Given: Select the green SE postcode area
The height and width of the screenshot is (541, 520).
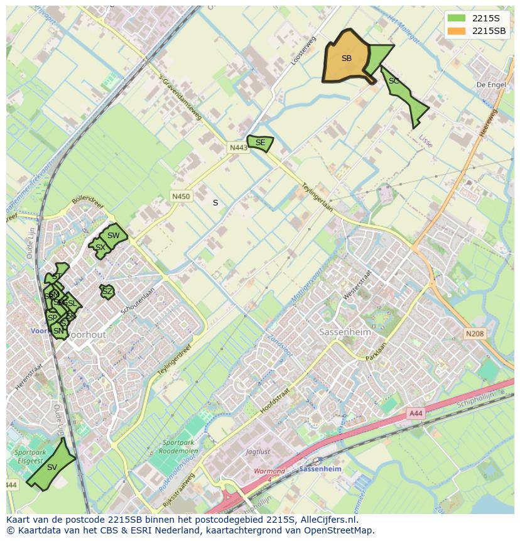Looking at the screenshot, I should click(260, 143).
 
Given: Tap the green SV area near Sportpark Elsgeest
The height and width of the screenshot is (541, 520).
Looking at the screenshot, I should click(52, 467).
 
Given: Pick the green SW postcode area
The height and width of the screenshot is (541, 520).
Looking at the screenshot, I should click(113, 236).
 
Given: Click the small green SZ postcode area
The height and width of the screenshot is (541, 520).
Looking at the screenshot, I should click(107, 292).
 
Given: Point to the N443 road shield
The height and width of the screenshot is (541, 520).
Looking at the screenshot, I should click(238, 148).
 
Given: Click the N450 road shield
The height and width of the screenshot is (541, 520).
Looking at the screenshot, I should click(181, 197).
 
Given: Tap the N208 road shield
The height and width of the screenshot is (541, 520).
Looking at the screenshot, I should click(475, 334).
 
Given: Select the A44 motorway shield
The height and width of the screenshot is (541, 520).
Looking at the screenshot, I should click(416, 413).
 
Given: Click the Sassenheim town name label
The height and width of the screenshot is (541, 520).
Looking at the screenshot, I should click(343, 331).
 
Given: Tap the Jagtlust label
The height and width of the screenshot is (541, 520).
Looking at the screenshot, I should click(258, 451).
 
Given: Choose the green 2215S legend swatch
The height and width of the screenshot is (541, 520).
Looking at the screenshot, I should click(457, 18).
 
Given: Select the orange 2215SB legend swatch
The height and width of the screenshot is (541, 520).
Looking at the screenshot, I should click(457, 31).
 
